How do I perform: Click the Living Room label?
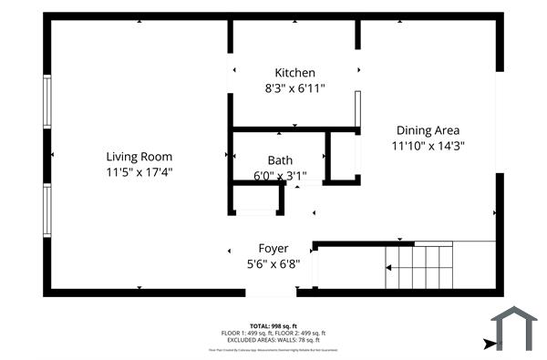pos(139,156)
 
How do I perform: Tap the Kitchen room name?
pos(294,73)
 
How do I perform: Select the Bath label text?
pos(280,160)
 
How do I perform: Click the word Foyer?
pos(273,248)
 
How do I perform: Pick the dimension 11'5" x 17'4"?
pos(139,171)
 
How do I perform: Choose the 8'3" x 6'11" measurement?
pos(294,88)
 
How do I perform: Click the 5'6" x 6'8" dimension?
pos(273,263)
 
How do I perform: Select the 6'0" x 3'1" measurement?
pos(280,176)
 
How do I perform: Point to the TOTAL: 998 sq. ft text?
pos(273,325)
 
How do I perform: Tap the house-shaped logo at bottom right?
pos(515,328)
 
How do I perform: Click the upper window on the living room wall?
pos(47,100)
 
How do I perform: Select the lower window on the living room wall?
pos(47,211)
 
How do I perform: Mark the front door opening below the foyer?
pos(272,292)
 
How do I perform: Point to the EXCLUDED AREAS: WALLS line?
pos(273,341)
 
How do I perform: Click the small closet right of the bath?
pos(343,156)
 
